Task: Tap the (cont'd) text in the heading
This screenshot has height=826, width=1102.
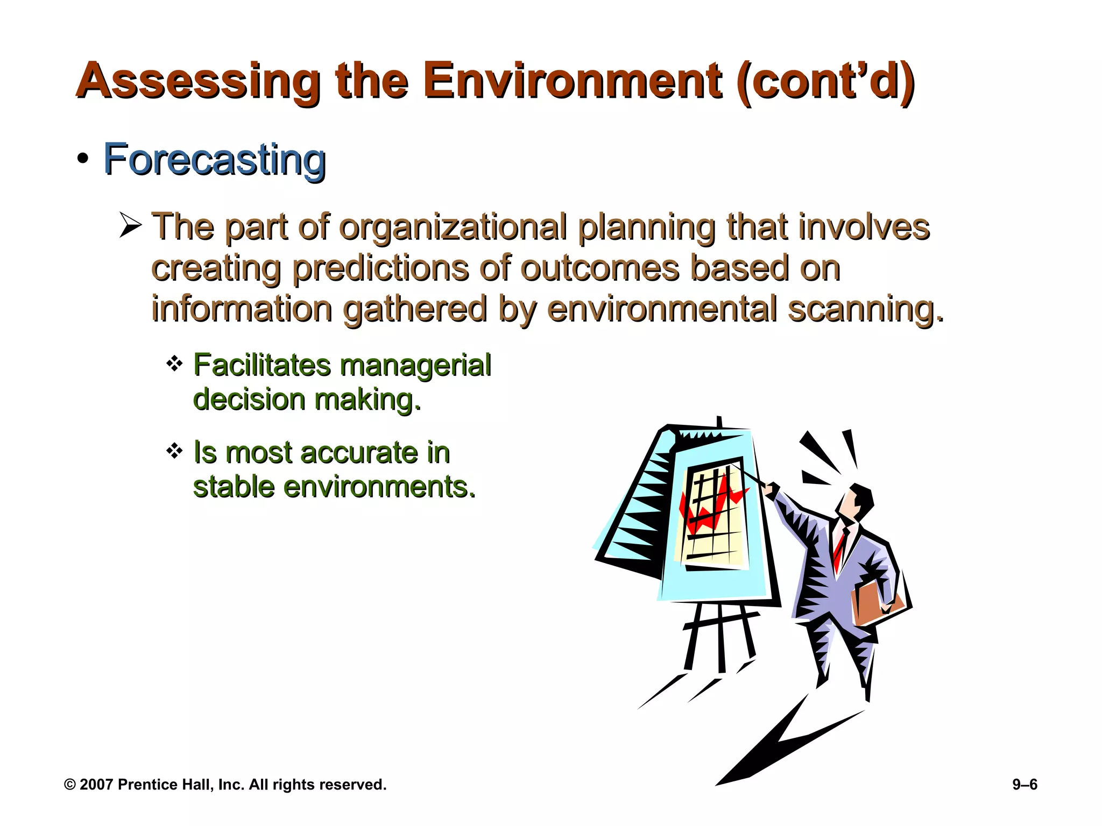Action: (x=826, y=81)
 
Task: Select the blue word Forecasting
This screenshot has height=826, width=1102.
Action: (x=215, y=160)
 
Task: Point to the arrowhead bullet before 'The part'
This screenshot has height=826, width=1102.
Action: (x=130, y=225)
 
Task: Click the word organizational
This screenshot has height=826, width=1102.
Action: (x=453, y=227)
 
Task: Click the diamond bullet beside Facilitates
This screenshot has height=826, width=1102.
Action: (x=174, y=365)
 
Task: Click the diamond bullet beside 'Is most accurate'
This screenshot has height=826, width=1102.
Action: (x=174, y=451)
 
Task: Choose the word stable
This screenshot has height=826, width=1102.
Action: (x=234, y=487)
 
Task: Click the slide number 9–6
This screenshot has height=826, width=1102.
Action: (x=1025, y=785)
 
